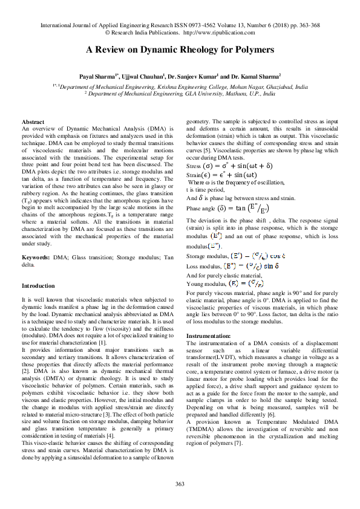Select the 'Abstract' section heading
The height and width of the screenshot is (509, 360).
33,122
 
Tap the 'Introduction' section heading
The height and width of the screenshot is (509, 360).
38,285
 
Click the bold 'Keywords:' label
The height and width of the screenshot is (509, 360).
36,258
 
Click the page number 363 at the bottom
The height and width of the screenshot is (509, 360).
180,484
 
